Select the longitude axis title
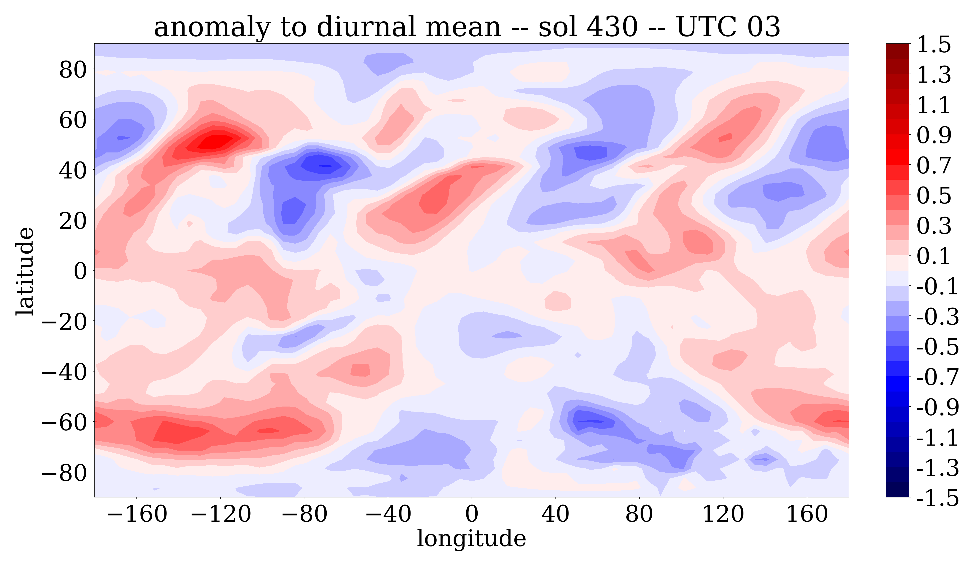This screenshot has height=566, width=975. (471, 538)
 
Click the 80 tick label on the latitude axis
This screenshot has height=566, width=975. (73, 70)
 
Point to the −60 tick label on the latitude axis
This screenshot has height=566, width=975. (64, 422)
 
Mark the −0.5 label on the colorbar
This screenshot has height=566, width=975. (937, 347)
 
